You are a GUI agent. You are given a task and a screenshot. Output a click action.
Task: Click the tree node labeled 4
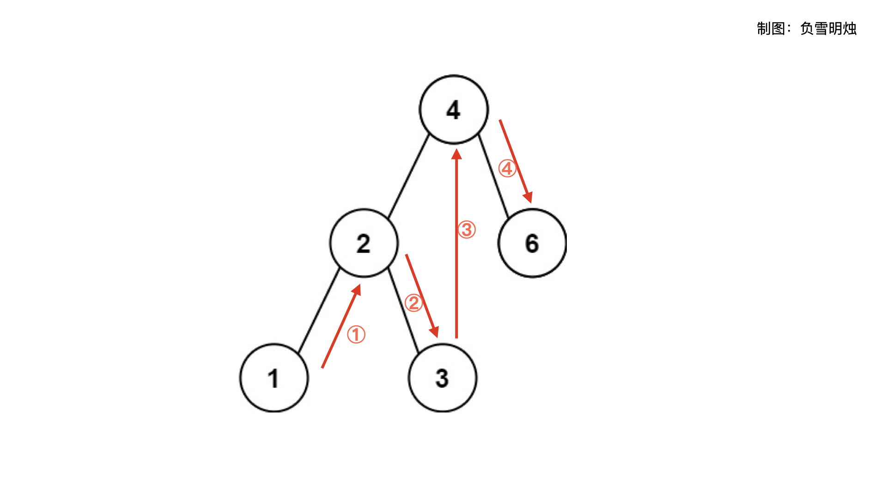point(454,110)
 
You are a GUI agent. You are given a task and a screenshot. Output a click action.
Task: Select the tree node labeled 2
point(364,243)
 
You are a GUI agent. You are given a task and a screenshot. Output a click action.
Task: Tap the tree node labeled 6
point(532,243)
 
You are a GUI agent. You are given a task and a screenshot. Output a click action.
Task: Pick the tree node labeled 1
point(273,378)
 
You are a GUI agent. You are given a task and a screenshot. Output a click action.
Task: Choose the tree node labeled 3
point(442,378)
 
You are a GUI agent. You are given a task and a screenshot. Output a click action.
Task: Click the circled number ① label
point(356,335)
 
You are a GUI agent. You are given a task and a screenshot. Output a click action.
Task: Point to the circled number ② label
point(413,303)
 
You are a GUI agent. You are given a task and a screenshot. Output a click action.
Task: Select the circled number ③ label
point(467,230)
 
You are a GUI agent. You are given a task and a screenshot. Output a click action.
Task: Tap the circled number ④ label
point(507,169)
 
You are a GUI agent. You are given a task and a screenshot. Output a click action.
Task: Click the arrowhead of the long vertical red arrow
point(456,154)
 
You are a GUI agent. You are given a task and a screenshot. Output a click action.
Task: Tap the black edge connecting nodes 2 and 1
point(319,310)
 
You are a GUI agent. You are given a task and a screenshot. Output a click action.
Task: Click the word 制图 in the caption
point(771,29)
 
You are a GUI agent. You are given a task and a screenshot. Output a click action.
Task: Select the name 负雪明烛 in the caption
point(828,29)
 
